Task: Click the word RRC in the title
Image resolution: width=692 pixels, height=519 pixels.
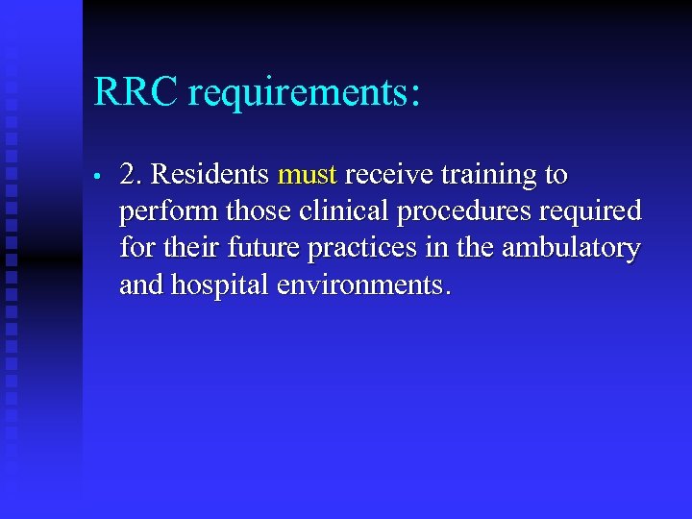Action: click(136, 93)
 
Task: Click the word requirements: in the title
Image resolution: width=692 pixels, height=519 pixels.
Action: click(305, 95)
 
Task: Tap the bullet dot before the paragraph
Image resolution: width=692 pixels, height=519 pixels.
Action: click(98, 178)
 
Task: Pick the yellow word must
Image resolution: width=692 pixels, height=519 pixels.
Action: click(307, 176)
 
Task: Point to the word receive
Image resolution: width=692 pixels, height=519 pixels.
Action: click(387, 175)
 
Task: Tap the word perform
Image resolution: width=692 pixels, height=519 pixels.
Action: click(161, 212)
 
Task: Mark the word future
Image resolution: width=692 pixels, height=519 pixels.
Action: click(253, 248)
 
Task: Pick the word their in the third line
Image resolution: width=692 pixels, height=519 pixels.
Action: click(185, 248)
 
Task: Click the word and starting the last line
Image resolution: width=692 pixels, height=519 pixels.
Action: click(139, 284)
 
